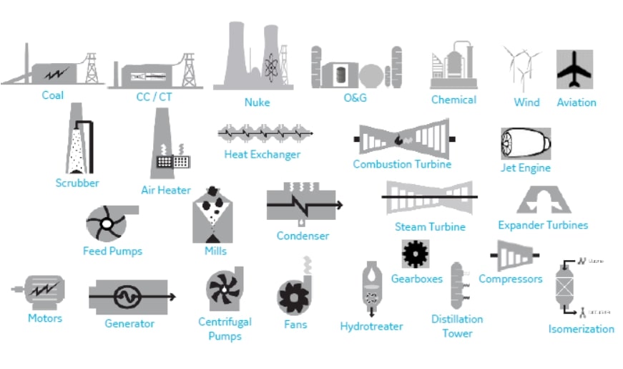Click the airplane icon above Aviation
coord(574,70)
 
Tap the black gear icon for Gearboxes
coord(415,254)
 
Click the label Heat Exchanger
coord(263,154)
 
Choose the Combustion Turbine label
coord(402,164)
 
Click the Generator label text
coord(129,323)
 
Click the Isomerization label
coord(581,329)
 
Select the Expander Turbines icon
coord(543,200)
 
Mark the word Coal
coord(52,95)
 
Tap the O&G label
coord(355,97)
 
